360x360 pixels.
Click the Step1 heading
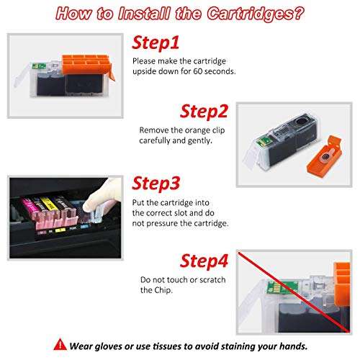[156, 43]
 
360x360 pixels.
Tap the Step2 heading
[204, 112]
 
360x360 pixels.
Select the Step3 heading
[156, 184]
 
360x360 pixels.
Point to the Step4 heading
[204, 261]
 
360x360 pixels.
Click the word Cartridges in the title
[256, 14]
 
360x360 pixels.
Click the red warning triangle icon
[60, 344]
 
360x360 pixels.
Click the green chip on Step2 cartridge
[263, 141]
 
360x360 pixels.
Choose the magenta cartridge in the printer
[30, 206]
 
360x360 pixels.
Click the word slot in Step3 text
[191, 213]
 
